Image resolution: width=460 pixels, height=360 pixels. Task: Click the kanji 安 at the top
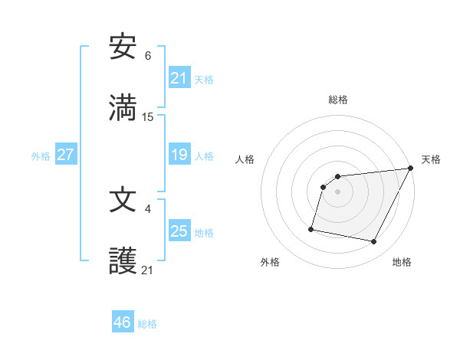pos(123,47)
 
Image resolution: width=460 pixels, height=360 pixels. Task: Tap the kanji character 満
pos(123,108)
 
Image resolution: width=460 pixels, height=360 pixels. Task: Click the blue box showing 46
pos(123,322)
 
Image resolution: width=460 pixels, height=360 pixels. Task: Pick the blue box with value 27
pos(66,155)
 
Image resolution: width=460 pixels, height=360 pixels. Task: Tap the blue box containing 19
pos(179,155)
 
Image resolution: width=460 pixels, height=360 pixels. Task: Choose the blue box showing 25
pos(179,231)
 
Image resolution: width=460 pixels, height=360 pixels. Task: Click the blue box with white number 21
pos(179,77)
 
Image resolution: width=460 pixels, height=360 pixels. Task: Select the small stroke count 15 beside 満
pos(148,117)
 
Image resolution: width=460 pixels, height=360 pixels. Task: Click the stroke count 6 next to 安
pos(148,56)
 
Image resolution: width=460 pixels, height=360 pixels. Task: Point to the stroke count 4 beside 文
pos(148,208)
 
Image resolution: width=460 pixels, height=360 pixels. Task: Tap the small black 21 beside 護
pos(148,270)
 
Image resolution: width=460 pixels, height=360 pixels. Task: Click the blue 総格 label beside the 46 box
pos(147,324)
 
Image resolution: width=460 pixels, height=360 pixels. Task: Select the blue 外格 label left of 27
pos(41,156)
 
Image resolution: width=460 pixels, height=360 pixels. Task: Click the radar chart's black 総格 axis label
pos(338,100)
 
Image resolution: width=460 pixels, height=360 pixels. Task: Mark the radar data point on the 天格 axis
pos(412,169)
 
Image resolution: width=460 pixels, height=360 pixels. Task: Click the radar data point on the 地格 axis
pos(374,242)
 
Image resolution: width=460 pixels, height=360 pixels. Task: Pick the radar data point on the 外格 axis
pos(311,229)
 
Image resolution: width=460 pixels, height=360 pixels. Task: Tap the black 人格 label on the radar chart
pos(245,159)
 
